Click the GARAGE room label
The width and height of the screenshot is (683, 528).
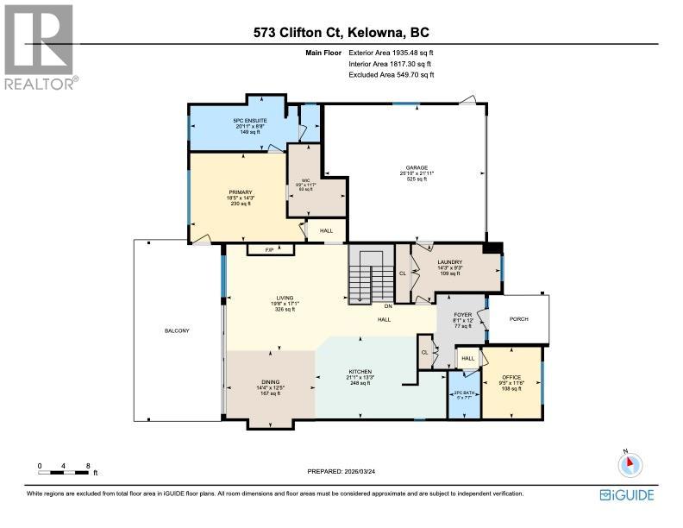(x=418, y=168)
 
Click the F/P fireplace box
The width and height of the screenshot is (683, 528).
(x=270, y=249)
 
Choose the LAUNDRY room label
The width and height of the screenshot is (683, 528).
(x=449, y=262)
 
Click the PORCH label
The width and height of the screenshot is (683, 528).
(x=518, y=319)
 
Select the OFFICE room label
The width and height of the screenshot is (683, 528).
(x=512, y=378)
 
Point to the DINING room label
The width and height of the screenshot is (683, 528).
(x=271, y=382)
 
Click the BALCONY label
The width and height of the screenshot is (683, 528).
(x=177, y=331)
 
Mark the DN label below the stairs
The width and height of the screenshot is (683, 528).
(x=388, y=306)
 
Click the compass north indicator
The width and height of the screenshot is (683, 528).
(x=630, y=464)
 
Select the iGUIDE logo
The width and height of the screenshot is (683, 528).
(x=627, y=494)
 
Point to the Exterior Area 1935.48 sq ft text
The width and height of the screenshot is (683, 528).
(x=392, y=53)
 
